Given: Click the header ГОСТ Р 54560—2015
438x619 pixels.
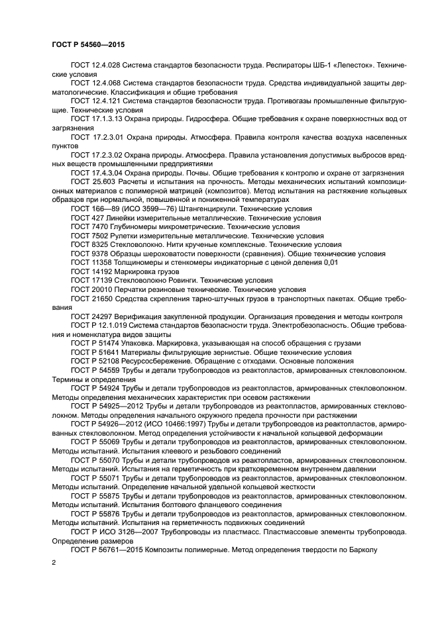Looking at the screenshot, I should point(87,44).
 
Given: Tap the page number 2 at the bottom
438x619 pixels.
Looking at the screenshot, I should point(54,562).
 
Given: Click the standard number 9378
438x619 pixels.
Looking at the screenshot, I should point(99,253).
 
